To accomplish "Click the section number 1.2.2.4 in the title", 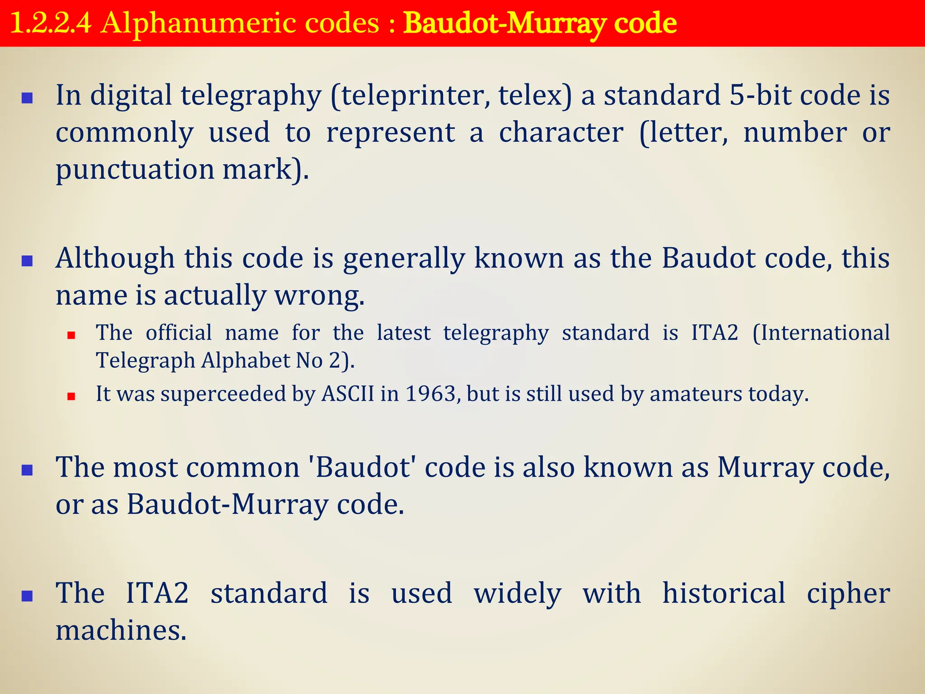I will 50,23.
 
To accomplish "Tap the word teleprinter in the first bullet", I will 415,96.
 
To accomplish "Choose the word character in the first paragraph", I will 561,133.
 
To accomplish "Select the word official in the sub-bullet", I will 179,333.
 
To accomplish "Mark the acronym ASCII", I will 347,394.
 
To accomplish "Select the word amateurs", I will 696,394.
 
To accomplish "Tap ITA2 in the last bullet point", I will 157,593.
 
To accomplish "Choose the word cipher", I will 848,593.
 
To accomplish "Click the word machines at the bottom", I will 121,631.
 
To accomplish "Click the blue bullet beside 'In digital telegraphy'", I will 28,98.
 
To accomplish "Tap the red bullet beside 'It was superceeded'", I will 71,397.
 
